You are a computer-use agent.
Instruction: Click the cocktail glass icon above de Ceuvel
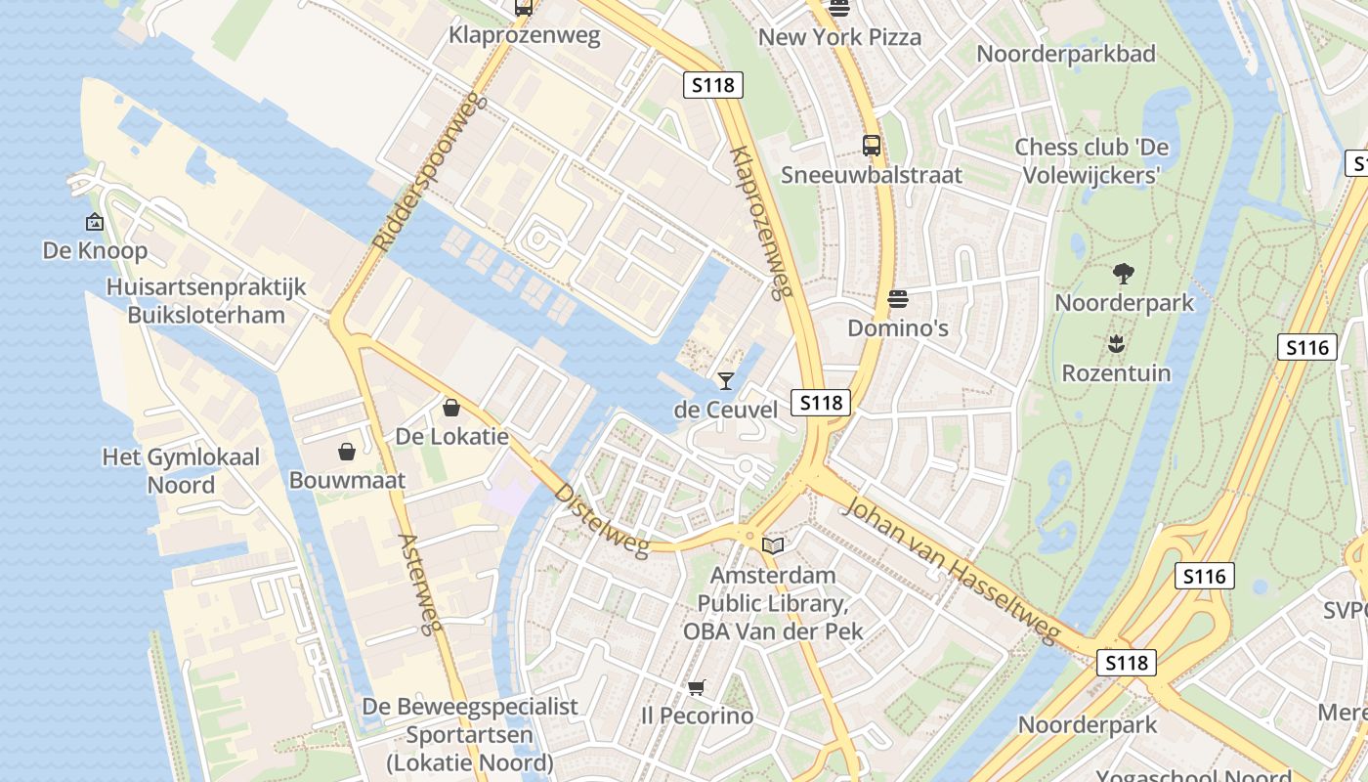[x=725, y=380]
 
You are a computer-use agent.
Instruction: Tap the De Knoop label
[x=95, y=251]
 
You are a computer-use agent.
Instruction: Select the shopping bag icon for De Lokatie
[x=451, y=407]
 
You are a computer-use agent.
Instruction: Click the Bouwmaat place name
[x=347, y=480]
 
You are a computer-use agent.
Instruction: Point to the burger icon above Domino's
[x=897, y=299]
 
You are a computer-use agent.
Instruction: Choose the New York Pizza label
[x=839, y=38]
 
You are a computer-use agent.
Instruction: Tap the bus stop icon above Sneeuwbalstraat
[x=872, y=146]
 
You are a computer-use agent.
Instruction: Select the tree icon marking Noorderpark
[x=1124, y=274]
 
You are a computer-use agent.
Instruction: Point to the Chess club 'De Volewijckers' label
[x=1090, y=161]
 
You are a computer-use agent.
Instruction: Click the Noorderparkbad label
[x=1066, y=54]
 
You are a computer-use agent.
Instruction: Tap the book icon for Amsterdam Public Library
[x=773, y=545]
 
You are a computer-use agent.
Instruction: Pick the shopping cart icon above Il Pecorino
[x=696, y=688]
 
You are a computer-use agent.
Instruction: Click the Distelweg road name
[x=601, y=520]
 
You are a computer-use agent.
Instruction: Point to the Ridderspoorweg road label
[x=429, y=172]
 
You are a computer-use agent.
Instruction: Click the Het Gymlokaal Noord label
[x=181, y=471]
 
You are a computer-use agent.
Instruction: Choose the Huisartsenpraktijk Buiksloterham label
[x=206, y=301]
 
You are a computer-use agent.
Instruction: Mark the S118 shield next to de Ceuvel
[x=821, y=403]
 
